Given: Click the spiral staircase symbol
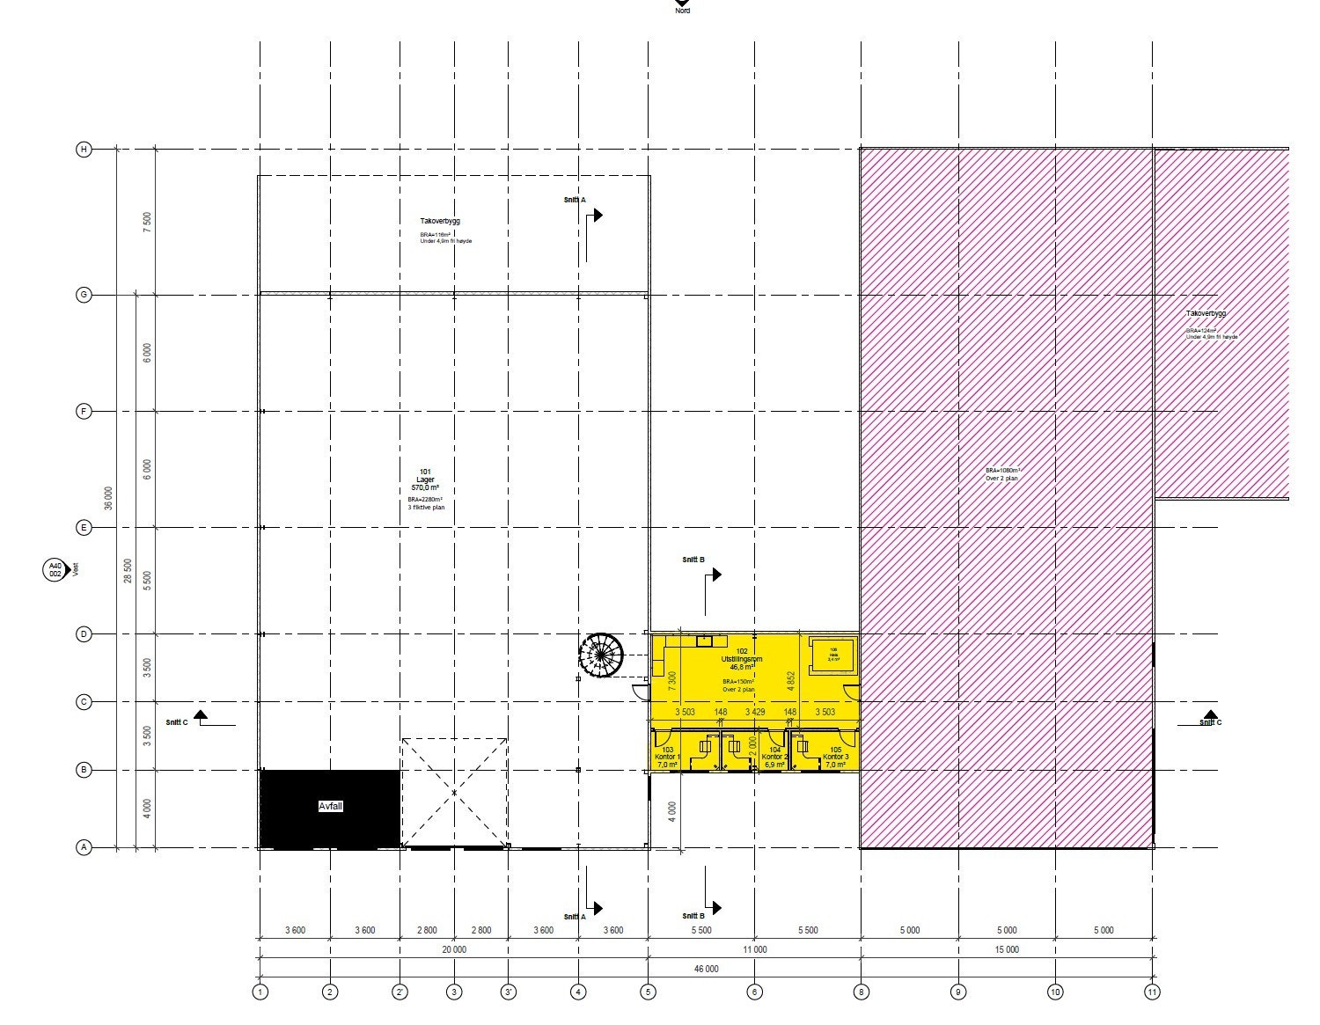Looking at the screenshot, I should [x=601, y=655].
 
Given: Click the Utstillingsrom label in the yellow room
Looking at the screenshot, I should [x=741, y=659].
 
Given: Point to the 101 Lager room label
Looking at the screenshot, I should [x=425, y=480].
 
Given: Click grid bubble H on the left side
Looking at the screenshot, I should [x=84, y=150].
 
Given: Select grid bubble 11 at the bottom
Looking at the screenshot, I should [x=1152, y=992].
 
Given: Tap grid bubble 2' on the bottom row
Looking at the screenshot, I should [x=400, y=992].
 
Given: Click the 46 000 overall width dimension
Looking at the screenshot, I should [x=706, y=969].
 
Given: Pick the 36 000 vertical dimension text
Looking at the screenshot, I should [x=109, y=498].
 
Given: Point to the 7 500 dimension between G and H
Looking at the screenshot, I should [x=148, y=222].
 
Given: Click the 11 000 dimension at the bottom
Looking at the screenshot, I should [x=754, y=950].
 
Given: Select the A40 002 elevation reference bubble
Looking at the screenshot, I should [x=55, y=570].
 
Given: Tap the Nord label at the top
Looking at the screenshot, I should [x=683, y=11].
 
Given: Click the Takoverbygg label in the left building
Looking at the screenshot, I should [x=440, y=222].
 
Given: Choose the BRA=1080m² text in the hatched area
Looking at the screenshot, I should [x=1002, y=471].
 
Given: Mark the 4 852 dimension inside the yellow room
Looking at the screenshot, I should [x=791, y=679].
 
